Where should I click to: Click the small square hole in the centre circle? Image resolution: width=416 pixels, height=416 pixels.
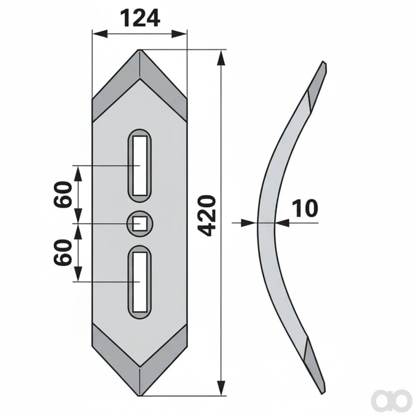point(140,224)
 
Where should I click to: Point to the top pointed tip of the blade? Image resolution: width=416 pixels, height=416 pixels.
point(140,50)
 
